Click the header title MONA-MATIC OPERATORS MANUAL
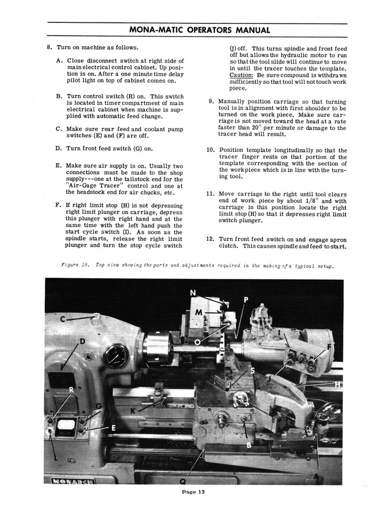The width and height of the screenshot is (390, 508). coord(199,29)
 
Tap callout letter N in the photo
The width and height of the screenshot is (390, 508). coord(192,293)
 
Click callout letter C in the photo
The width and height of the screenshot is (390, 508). coord(62,319)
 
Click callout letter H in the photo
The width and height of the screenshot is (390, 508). coord(339,385)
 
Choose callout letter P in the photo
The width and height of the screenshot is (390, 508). coord(246,300)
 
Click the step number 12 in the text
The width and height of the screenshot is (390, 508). coord(211,239)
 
